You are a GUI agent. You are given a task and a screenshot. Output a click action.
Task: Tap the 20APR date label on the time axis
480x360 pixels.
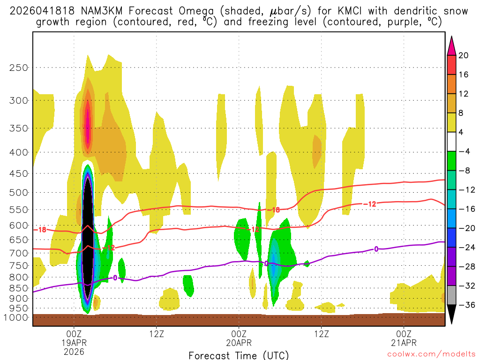pyautogui.click(x=239, y=342)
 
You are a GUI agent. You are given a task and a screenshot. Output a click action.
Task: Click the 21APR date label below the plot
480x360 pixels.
pyautogui.click(x=404, y=342)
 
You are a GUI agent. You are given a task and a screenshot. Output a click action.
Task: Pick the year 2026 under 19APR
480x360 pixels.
pyautogui.click(x=74, y=351)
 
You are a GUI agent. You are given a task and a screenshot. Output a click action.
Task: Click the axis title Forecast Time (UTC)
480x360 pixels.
pyautogui.click(x=239, y=355)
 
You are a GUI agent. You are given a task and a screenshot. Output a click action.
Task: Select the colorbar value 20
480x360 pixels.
pyautogui.click(x=464, y=55)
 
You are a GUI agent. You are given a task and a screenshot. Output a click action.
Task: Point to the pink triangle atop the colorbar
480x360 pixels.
pyautogui.click(x=452, y=45)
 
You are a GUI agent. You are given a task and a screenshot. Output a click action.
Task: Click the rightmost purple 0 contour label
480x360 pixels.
pyautogui.click(x=376, y=249)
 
